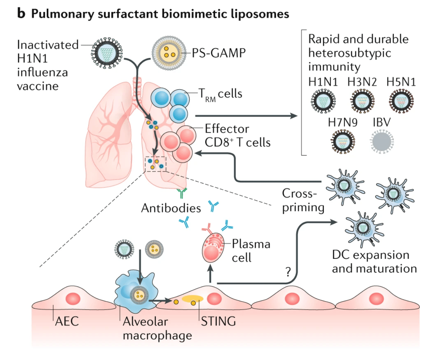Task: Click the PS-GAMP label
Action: click(218, 53)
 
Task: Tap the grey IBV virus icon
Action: click(382, 141)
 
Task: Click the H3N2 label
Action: click(362, 82)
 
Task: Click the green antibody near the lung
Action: click(182, 193)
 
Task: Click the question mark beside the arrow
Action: click(288, 272)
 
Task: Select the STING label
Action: click(218, 321)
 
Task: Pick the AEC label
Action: click(67, 321)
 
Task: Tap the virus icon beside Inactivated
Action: click(107, 53)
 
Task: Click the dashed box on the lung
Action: click(155, 164)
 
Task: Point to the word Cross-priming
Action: click(303, 200)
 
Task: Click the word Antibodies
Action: click(171, 208)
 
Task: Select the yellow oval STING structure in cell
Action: click(192, 298)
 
